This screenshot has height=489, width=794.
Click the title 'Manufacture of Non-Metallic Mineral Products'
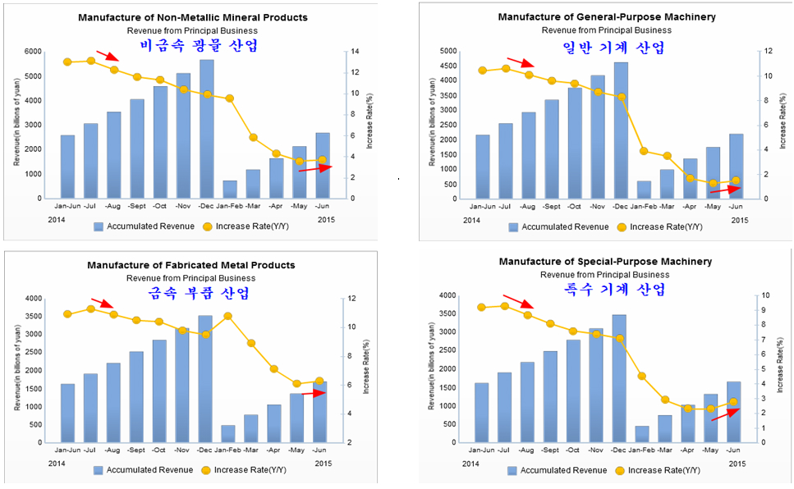click(193, 17)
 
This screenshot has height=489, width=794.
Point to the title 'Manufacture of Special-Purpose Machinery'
click(605, 262)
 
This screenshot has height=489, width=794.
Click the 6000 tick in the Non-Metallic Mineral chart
click(31, 52)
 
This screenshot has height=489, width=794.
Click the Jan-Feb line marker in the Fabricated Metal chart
click(228, 316)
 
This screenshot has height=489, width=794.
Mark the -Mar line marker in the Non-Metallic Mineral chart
click(253, 138)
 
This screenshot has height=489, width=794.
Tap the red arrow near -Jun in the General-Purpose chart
click(723, 188)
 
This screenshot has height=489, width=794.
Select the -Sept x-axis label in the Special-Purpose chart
click(550, 450)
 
